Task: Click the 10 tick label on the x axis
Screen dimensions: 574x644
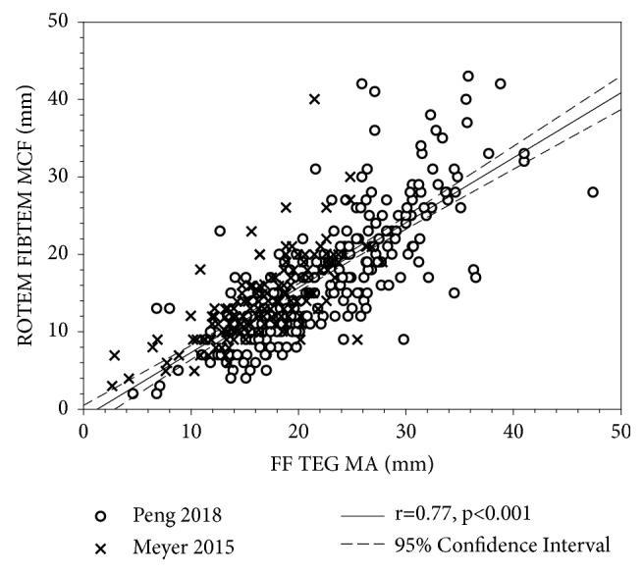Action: (190, 428)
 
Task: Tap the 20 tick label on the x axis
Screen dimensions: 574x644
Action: (297, 428)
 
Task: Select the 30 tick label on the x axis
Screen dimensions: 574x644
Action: (404, 428)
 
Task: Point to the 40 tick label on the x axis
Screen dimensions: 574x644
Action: (511, 428)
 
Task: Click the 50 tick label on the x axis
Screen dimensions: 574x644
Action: (618, 428)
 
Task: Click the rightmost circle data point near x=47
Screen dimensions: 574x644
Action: (592, 192)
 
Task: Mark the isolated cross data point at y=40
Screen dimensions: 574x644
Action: (314, 99)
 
